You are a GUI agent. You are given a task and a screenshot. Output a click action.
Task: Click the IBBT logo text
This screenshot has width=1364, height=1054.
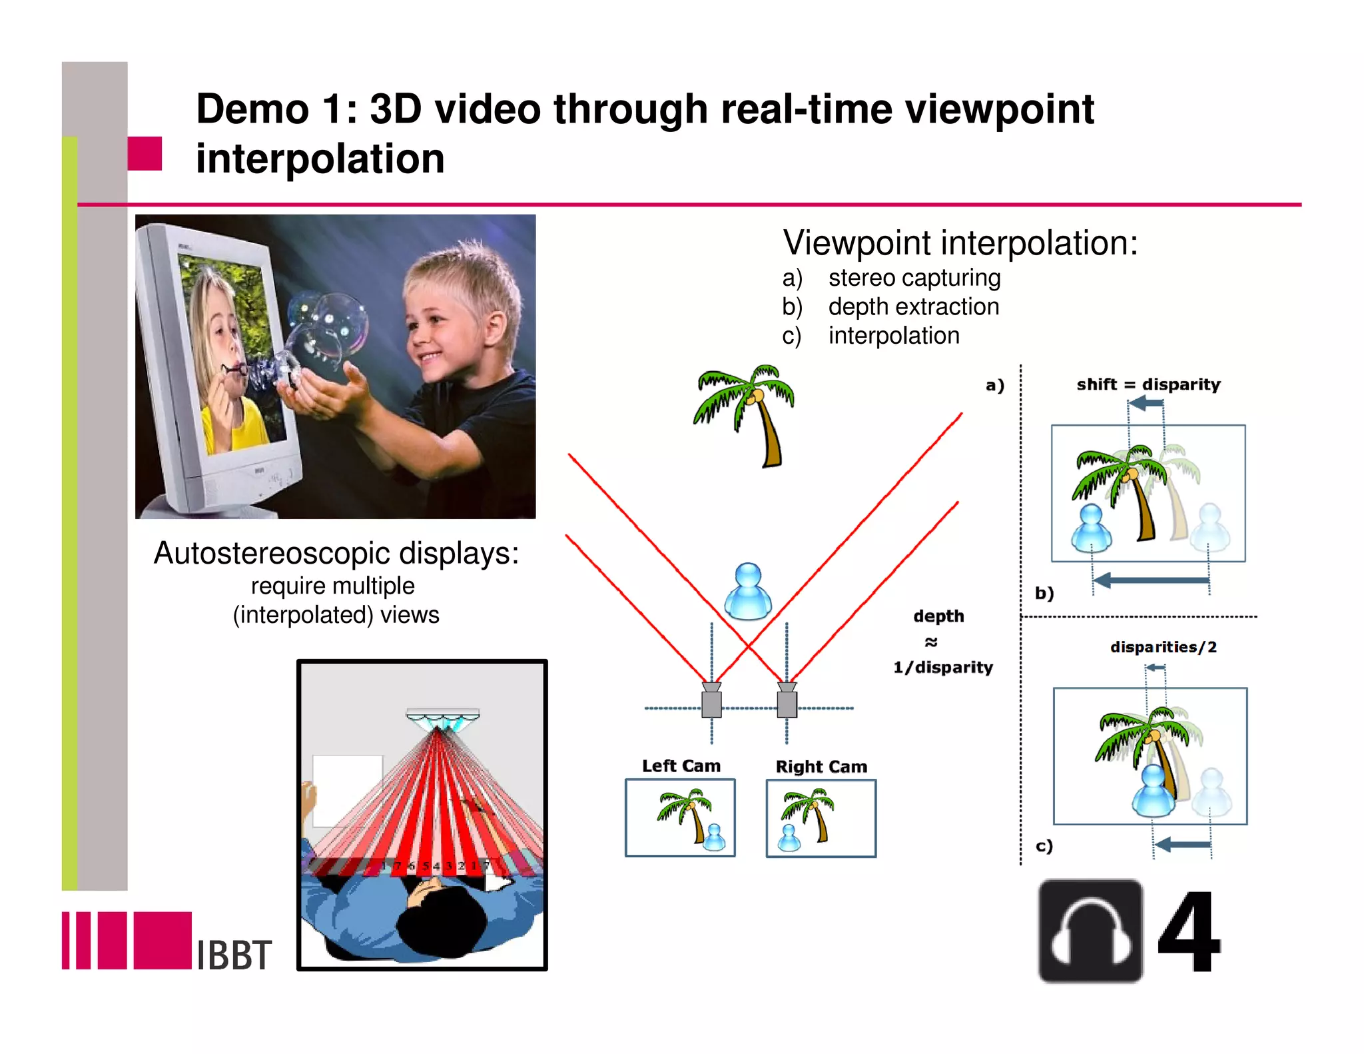click(234, 955)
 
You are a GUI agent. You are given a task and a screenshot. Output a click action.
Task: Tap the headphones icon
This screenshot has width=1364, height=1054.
click(1090, 931)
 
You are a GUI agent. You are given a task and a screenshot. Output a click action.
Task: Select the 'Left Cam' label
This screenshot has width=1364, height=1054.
click(681, 766)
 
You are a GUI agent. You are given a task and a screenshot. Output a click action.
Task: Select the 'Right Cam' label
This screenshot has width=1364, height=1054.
click(821, 766)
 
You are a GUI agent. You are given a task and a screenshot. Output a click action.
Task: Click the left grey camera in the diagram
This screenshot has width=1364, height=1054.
click(711, 702)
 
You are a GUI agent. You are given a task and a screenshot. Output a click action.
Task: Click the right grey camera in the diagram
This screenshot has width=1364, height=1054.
click(787, 702)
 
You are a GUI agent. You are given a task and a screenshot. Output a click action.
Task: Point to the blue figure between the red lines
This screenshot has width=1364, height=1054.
click(748, 592)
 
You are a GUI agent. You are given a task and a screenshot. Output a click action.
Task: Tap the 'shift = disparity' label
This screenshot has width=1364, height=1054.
click(1148, 384)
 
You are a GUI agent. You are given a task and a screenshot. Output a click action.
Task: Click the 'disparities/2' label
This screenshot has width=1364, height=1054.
click(1163, 647)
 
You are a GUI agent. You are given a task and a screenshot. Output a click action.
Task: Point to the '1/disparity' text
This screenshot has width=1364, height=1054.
click(943, 667)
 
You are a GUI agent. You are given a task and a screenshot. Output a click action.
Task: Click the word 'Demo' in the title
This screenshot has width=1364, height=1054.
click(253, 109)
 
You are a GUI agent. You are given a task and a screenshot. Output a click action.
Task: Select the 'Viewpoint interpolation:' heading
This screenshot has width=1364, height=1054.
click(960, 243)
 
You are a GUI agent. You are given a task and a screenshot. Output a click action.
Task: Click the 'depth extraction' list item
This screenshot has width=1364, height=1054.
click(914, 306)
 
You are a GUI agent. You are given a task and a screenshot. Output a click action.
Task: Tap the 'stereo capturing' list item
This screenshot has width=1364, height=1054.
click(914, 278)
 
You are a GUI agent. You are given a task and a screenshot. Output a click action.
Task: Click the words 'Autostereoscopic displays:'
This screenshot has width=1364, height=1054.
click(336, 553)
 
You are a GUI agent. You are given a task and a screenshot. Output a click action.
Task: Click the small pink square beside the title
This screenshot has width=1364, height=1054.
click(145, 153)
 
